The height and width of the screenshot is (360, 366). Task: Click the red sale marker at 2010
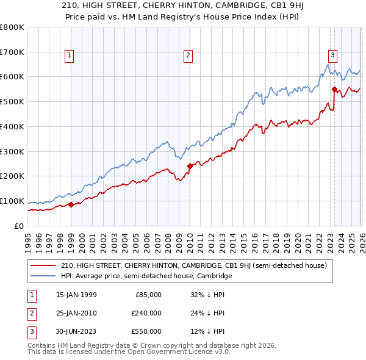[190, 165]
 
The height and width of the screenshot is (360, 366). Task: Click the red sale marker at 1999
[71, 204]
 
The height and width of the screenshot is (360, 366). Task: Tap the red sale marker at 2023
[334, 89]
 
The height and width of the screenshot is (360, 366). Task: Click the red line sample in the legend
[44, 265]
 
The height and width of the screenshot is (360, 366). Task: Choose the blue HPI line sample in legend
[44, 276]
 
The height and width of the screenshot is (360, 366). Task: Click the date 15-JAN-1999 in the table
[76, 295]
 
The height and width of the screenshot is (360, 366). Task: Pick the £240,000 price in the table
[146, 313]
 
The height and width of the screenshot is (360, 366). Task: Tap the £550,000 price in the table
[146, 331]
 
